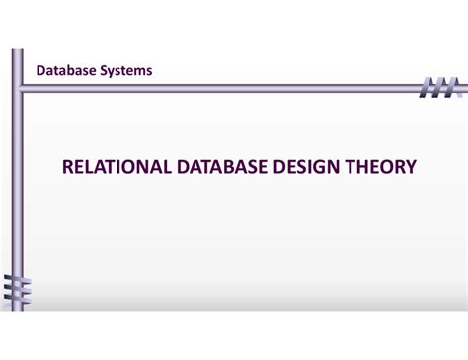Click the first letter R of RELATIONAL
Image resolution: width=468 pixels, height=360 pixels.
coord(68,168)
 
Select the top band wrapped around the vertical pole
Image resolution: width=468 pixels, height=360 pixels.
coord(17,280)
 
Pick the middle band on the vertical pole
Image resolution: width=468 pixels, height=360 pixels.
coord(17,290)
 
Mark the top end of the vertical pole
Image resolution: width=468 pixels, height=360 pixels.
coord(17,52)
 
